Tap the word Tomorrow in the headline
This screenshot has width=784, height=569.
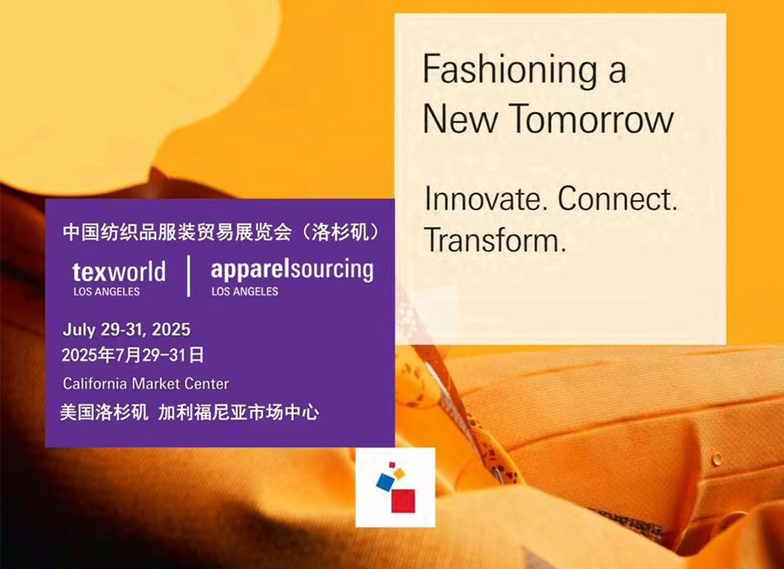(591, 118)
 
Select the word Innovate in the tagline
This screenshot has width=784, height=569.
(483, 198)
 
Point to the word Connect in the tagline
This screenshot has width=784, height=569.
(617, 198)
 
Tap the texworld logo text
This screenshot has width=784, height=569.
(119, 272)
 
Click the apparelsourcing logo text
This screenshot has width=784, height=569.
(292, 270)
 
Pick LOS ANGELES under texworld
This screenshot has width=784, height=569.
(106, 292)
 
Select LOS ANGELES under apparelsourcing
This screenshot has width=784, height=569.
(245, 292)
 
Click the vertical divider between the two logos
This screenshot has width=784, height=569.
(188, 276)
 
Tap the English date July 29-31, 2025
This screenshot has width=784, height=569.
(126, 330)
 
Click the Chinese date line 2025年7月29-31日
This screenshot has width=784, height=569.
(132, 355)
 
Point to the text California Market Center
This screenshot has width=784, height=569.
(146, 384)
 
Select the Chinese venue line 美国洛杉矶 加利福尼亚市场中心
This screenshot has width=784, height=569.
(189, 413)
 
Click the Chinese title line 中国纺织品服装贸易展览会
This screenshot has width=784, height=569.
(177, 233)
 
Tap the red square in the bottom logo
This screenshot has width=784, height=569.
(403, 501)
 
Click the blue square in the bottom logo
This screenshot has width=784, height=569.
(385, 482)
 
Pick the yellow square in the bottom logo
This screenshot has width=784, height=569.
(399, 474)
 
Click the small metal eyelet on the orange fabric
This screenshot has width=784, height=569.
(717, 458)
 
